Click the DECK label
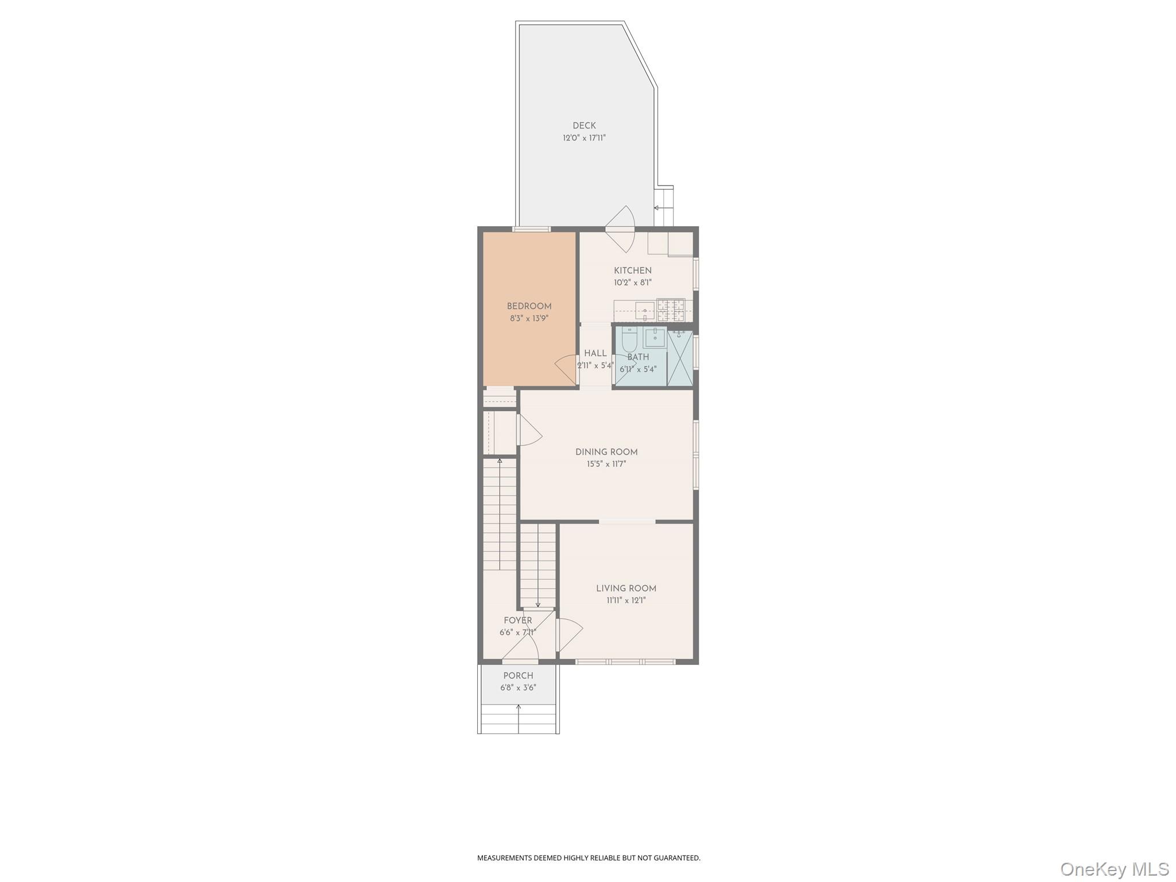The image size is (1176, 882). click(x=584, y=126)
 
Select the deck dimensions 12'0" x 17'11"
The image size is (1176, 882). click(x=584, y=138)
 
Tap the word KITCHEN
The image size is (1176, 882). click(x=632, y=270)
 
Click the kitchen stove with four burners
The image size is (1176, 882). click(x=671, y=310)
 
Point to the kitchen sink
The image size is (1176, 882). click(x=644, y=310)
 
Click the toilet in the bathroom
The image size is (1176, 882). click(x=629, y=340)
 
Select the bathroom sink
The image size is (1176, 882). click(x=655, y=338)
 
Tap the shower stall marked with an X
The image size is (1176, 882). click(x=680, y=357)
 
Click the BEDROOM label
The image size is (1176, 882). click(x=529, y=307)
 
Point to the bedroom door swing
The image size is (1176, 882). click(x=566, y=369)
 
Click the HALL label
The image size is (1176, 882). click(x=595, y=354)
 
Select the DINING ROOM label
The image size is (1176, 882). click(x=606, y=452)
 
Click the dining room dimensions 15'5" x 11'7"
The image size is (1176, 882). click(x=606, y=465)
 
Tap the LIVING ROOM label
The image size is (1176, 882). click(x=626, y=589)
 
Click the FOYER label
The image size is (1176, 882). click(x=518, y=621)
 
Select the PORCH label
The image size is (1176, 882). click(x=518, y=676)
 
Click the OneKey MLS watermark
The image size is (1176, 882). click(x=1114, y=869)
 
